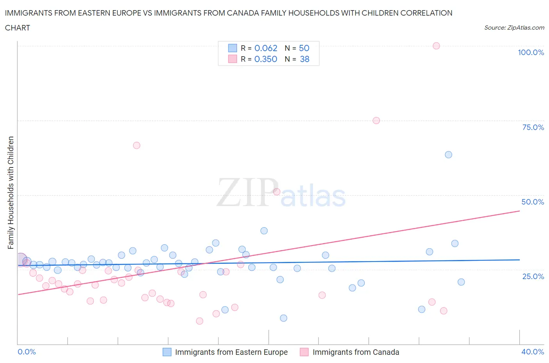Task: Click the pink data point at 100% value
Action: tap(436, 46)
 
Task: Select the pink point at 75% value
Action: tap(376, 120)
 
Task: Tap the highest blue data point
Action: tap(448, 155)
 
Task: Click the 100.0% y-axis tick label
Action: tap(531, 52)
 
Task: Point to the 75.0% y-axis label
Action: tap(533, 127)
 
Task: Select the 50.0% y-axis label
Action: tap(533, 202)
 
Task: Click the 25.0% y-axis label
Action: tap(533, 276)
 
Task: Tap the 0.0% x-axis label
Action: tap(27, 352)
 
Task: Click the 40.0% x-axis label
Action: tap(533, 352)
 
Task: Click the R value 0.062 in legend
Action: tap(266, 48)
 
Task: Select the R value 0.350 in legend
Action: tap(266, 59)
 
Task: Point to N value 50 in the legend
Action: tap(304, 48)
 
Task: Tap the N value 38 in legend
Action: tap(304, 59)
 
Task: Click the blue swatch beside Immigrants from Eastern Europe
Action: tap(167, 352)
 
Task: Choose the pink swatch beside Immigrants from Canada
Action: tap(304, 352)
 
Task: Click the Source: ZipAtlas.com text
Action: tap(514, 27)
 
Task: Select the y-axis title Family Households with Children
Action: tap(11, 192)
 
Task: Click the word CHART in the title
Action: tap(18, 28)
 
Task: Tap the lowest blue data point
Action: tap(283, 318)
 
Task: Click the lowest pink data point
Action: tap(200, 321)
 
